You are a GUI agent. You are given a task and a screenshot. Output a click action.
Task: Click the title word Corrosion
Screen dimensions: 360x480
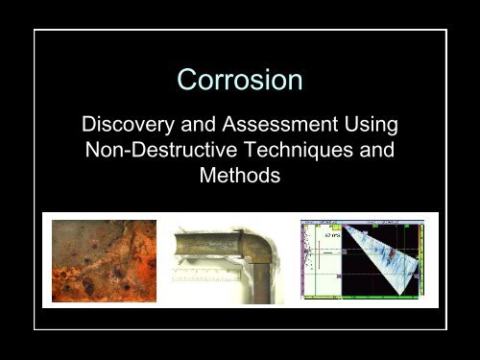coord(239,82)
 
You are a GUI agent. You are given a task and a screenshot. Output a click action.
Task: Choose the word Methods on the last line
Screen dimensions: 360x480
coord(239,180)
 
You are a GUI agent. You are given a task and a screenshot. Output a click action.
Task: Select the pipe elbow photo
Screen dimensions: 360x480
coord(229,261)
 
